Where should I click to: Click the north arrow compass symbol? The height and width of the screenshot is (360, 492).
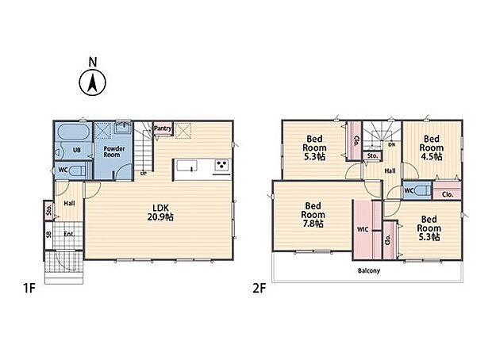pyautogui.click(x=92, y=82)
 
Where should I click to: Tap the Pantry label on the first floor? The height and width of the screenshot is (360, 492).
pyautogui.click(x=163, y=128)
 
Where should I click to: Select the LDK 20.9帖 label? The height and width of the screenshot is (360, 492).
pyautogui.click(x=160, y=213)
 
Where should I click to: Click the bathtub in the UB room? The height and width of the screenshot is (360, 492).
pyautogui.click(x=74, y=132)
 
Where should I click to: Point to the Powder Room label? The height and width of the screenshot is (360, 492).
pyautogui.click(x=114, y=151)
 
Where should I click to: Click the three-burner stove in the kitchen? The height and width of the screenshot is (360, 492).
pyautogui.click(x=222, y=165)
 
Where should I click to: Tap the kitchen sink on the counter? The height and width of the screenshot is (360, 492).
pyautogui.click(x=187, y=165)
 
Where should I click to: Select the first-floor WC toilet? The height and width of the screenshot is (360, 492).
pyautogui.click(x=77, y=171)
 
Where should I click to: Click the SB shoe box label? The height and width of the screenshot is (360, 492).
pyautogui.click(x=48, y=234)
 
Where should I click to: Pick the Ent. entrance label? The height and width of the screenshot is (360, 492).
pyautogui.click(x=69, y=234)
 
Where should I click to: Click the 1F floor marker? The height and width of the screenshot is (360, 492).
pyautogui.click(x=29, y=288)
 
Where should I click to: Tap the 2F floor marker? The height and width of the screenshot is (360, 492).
pyautogui.click(x=259, y=288)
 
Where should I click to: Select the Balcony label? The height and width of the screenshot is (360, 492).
pyautogui.click(x=369, y=270)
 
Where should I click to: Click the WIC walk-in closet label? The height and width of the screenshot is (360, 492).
pyautogui.click(x=363, y=229)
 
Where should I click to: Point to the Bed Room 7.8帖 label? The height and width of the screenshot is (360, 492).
pyautogui.click(x=313, y=215)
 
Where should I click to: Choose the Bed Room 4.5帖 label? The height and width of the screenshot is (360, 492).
pyautogui.click(x=432, y=147)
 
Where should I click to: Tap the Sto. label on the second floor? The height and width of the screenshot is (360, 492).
pyautogui.click(x=372, y=155)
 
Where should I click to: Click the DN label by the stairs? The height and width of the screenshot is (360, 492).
pyautogui.click(x=391, y=144)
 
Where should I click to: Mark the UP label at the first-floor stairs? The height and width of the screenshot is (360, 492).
pyautogui.click(x=144, y=173)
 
